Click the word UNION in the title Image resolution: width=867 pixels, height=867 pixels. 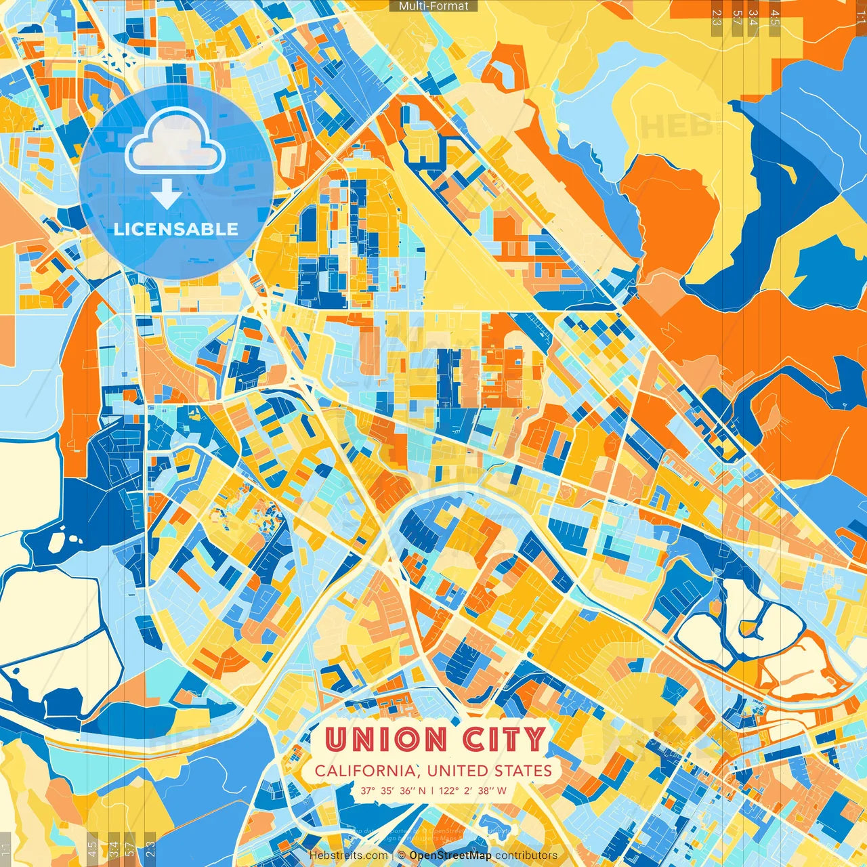point(386,739)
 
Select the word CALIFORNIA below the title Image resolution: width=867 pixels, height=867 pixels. point(366,771)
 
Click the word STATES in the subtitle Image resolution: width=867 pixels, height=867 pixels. point(521,771)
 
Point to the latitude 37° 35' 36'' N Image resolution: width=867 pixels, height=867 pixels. point(394,790)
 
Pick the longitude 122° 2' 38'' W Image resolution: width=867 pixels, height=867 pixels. point(473,790)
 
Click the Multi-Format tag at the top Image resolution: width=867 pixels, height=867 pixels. point(433,6)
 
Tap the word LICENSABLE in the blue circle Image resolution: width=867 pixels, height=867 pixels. point(176,229)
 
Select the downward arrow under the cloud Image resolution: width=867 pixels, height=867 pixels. point(166,194)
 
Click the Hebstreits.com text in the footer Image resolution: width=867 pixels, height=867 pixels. point(348,855)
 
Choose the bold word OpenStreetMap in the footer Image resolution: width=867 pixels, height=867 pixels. point(450,855)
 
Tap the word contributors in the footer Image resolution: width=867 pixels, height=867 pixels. point(526,855)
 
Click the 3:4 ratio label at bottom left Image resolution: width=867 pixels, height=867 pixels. point(113,849)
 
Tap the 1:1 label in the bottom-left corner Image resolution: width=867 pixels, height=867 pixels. point(6,849)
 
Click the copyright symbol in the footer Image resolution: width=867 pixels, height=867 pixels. point(402,855)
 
